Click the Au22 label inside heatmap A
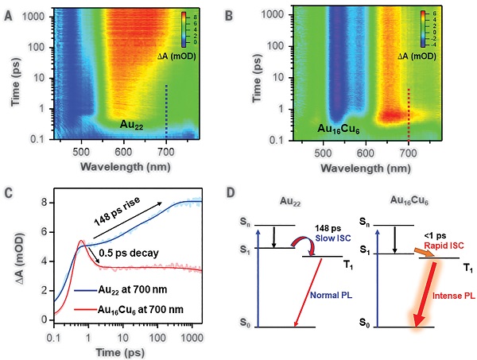[134, 125]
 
